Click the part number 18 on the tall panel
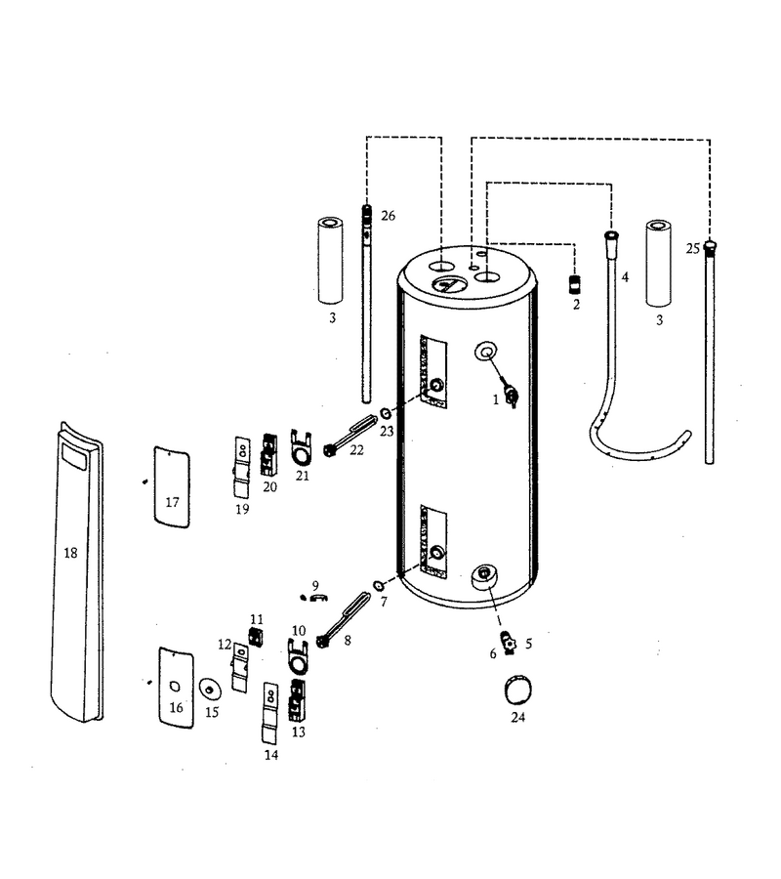tap(70, 554)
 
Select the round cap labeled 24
tap(518, 691)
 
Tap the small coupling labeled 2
tap(575, 284)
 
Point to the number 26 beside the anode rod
tap(388, 215)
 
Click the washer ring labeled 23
tap(386, 414)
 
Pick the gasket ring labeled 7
tap(379, 586)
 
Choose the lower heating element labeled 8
tap(344, 620)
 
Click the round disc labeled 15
tap(210, 690)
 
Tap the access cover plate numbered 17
tap(172, 487)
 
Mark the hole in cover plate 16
tap(174, 687)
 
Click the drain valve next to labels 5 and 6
tap(510, 643)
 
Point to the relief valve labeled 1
tap(510, 395)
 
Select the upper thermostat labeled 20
tap(268, 455)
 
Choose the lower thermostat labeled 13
tap(297, 700)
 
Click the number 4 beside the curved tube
tap(625, 277)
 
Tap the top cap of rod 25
tap(711, 245)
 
